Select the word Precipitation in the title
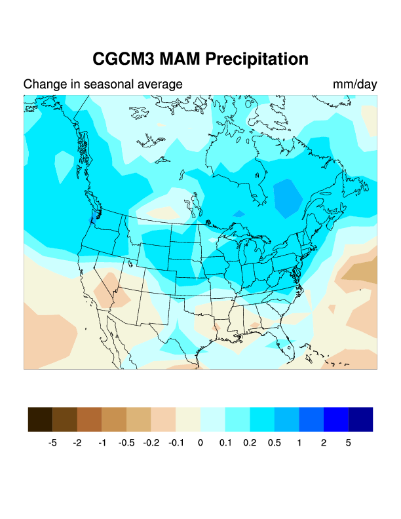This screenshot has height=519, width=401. (x=256, y=59)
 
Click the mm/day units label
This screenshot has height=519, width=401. (x=354, y=85)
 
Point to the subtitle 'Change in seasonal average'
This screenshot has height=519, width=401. (x=103, y=85)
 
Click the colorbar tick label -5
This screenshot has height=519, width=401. (x=52, y=443)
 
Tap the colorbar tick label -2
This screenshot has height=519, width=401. (x=77, y=443)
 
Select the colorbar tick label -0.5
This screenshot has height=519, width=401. (x=126, y=443)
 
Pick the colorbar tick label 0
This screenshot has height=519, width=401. (x=200, y=443)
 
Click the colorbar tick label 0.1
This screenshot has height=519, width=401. (x=225, y=443)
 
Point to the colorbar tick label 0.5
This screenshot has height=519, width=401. (x=275, y=443)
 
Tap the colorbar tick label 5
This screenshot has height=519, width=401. (x=349, y=443)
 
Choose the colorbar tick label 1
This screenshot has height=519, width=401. (x=299, y=443)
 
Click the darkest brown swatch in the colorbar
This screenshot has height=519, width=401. (x=40, y=419)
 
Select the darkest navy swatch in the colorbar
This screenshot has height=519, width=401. (x=360, y=419)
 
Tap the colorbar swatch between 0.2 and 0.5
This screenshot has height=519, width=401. (x=262, y=419)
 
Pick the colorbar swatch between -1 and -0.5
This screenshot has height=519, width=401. (x=114, y=419)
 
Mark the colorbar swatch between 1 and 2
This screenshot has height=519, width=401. (x=311, y=419)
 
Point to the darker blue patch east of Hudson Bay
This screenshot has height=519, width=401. (x=286, y=197)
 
